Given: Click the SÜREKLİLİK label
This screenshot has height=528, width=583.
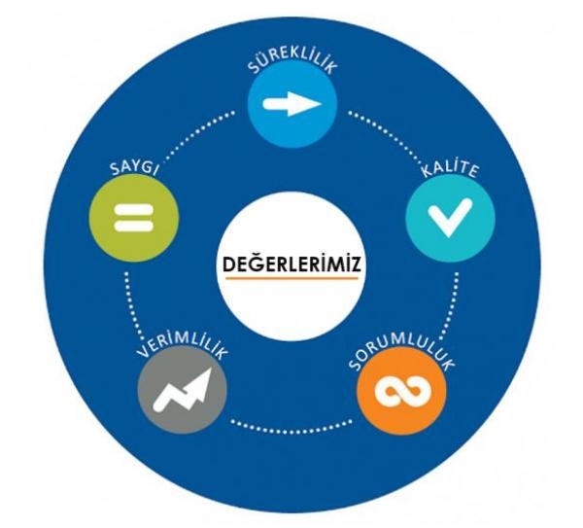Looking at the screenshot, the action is [292, 61].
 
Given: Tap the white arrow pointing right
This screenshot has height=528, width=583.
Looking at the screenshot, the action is [291, 104].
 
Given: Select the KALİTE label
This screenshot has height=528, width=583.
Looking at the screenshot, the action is [450, 169].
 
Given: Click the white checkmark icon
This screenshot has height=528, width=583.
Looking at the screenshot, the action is [450, 217].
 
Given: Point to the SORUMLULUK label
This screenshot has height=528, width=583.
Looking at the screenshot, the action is [402, 353].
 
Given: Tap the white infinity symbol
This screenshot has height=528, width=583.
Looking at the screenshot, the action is [402, 391].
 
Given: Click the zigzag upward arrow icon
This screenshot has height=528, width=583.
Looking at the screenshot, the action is [183, 390].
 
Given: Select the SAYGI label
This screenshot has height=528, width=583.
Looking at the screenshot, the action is [134, 167].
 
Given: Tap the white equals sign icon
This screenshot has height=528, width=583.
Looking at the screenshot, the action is [134, 218].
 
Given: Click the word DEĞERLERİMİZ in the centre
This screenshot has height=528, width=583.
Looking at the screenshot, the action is [291, 264].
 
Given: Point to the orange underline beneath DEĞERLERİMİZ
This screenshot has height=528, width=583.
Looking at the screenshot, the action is [291, 278].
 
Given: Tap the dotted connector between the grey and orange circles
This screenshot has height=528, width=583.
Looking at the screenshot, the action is [291, 428].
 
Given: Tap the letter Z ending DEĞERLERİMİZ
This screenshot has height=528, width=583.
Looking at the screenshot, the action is [355, 264].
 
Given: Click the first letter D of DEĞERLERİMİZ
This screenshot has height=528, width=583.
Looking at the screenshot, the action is [228, 264].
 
